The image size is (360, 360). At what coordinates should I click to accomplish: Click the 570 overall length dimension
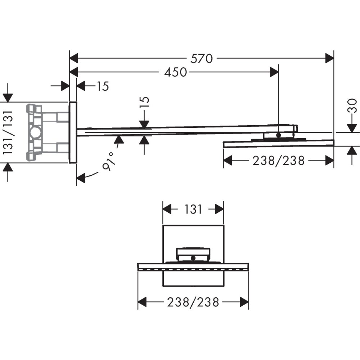[202, 58]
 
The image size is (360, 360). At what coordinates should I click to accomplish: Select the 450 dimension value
[175, 72]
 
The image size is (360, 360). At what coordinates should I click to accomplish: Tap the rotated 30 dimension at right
[354, 105]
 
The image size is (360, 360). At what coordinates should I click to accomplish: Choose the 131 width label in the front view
[193, 209]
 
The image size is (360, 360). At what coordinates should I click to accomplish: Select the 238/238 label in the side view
[278, 161]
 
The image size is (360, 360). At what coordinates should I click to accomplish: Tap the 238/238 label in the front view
[193, 302]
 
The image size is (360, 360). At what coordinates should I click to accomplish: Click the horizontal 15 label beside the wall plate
[102, 86]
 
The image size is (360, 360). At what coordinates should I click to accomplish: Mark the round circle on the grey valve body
[36, 132]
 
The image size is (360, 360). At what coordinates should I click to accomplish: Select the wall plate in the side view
[73, 132]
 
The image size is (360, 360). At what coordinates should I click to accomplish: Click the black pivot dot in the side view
[278, 135]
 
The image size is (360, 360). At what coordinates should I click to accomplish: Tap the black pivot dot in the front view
[193, 258]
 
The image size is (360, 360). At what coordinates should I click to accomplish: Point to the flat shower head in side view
[278, 144]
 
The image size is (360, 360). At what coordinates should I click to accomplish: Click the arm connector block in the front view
[193, 254]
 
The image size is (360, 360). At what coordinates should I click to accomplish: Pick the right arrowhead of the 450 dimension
[274, 72]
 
